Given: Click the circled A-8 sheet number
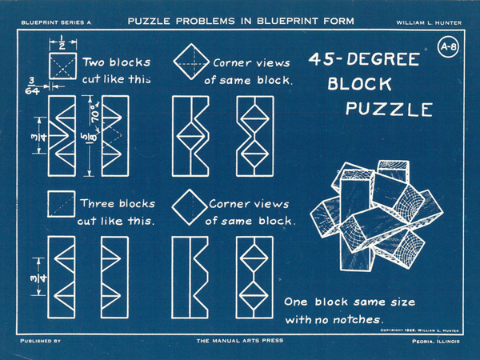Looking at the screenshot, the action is tap(448, 47).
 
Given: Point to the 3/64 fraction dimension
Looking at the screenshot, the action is tap(32, 86).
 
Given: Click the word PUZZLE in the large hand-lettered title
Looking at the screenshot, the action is tap(389, 109).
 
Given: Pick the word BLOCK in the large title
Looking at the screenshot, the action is tap(360, 83).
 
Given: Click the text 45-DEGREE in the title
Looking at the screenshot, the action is tap(364, 59).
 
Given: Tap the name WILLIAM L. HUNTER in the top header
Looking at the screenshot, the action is tap(429, 22).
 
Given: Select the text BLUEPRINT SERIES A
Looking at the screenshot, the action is tap(56, 22).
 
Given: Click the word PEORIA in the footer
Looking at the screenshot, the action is tap(423, 341).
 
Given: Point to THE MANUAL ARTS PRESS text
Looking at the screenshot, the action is tap(240, 341).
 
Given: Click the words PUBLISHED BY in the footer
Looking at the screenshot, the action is tap(41, 341).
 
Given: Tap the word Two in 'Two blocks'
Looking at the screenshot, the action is tap(94, 62).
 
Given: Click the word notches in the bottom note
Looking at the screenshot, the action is tap(357, 319).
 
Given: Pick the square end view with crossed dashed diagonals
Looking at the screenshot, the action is tap(62, 66).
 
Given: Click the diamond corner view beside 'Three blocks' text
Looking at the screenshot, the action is tap(190, 207).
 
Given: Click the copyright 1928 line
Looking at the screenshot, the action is tap(419, 330).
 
